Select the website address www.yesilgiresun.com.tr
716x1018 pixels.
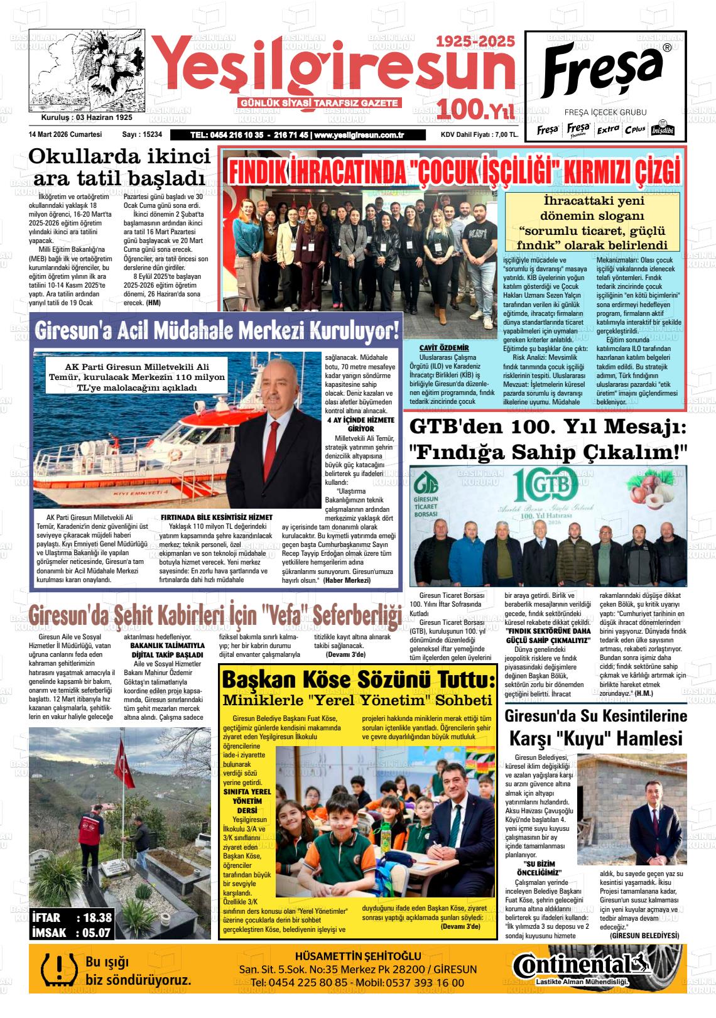359,135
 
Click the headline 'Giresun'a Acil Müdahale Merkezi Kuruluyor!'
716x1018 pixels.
217,330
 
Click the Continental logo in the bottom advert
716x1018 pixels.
581,965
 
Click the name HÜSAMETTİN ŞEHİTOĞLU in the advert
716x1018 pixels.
358,956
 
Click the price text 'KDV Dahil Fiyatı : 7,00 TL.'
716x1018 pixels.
479,134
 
